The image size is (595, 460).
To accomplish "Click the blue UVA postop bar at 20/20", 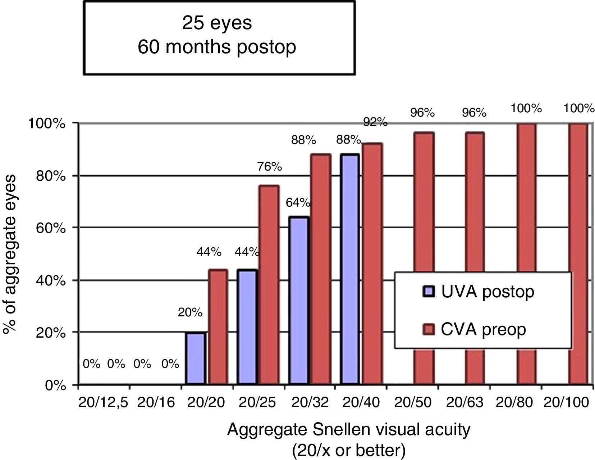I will (x=196, y=358).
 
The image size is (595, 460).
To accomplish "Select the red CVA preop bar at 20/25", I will (x=269, y=285).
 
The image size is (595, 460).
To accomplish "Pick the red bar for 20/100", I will (x=578, y=254).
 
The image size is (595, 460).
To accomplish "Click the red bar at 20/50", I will (x=424, y=258).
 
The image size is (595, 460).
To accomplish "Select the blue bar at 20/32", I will (x=299, y=301).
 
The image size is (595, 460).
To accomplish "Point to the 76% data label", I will (x=269, y=167).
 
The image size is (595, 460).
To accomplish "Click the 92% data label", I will (x=375, y=122).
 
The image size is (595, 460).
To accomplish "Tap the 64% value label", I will (x=298, y=203).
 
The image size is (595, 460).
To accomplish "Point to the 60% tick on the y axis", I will (x=52, y=228).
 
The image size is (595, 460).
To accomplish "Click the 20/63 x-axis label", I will (x=464, y=402).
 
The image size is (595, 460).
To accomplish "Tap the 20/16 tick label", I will (x=156, y=402).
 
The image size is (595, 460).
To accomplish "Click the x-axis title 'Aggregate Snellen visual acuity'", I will (x=348, y=430).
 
